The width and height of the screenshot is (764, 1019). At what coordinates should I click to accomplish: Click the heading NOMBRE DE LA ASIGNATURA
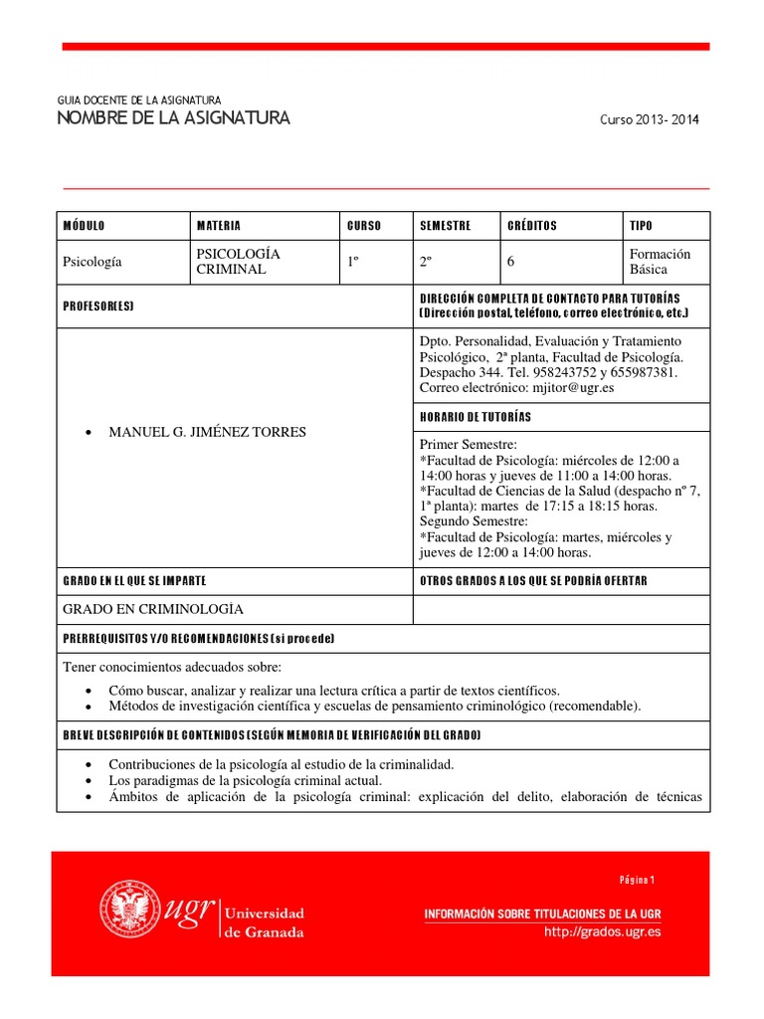174,119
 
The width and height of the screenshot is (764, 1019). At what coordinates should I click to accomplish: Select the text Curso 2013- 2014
649,120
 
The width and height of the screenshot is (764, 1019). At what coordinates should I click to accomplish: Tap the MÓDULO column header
84,226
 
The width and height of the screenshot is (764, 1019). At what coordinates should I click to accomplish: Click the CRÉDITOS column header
532,226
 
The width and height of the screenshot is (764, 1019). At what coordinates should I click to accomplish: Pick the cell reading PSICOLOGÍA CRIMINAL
239,262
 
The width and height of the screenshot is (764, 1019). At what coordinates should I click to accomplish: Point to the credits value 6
511,263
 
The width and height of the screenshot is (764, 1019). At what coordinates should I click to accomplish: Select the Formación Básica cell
660,262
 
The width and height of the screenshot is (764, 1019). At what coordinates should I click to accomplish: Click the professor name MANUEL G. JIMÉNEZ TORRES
207,432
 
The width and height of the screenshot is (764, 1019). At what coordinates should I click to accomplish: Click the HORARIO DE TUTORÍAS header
476,416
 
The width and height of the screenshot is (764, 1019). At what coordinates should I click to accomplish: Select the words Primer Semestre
462,444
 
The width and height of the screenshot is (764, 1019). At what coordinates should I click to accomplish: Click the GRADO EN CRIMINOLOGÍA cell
153,609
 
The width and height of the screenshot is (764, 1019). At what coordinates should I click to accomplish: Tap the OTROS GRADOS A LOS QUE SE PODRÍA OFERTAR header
533,580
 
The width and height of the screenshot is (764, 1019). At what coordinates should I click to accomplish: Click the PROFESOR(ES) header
97,306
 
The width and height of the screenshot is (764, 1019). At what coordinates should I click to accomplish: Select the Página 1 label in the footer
637,880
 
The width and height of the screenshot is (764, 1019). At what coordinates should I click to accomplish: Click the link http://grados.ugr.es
602,932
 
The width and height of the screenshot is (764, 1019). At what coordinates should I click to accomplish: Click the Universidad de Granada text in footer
266,922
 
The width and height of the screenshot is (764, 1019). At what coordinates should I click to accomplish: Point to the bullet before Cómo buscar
91,691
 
